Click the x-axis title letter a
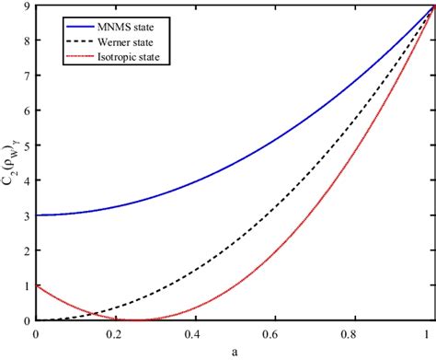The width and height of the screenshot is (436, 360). (x=235, y=352)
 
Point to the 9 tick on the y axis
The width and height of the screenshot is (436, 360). (x=26, y=6)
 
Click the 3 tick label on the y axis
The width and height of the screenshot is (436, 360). (x=26, y=215)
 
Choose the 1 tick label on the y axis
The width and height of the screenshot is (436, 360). (x=26, y=285)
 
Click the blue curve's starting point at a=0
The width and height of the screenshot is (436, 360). (x=36, y=215)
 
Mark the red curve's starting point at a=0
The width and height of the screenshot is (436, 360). (x=36, y=285)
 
